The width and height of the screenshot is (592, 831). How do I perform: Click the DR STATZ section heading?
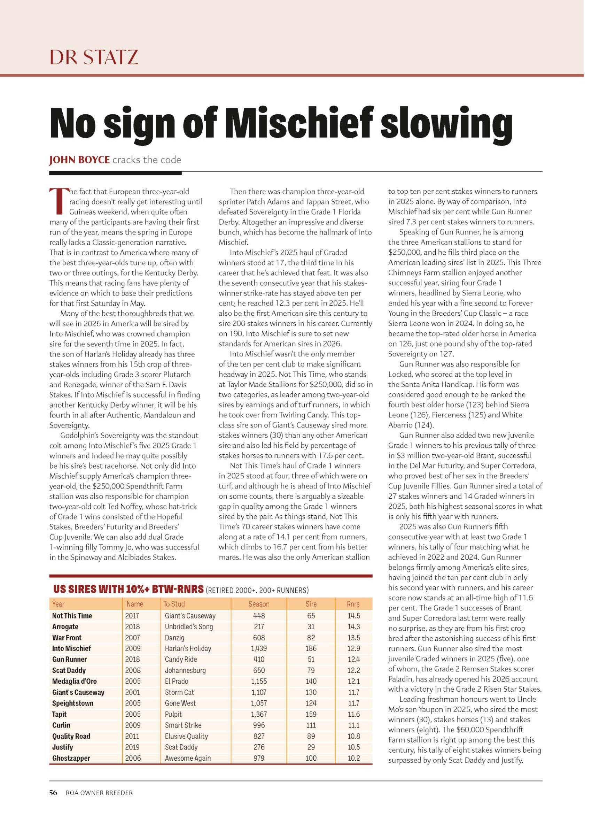[94, 57]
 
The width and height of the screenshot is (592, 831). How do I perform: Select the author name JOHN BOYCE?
[79, 160]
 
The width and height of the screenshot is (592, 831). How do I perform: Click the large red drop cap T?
[58, 201]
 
